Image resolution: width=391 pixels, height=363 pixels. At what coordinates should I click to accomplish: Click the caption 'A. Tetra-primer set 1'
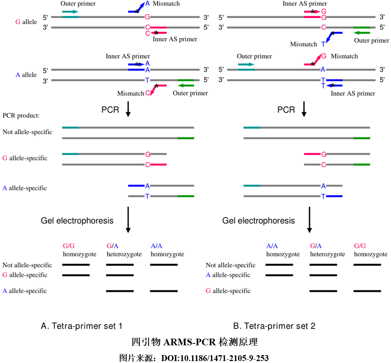pos(82,326)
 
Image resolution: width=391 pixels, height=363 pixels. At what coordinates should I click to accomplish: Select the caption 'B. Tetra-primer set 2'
pos(274,326)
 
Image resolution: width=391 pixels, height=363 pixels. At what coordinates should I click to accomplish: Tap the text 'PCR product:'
pos(22,115)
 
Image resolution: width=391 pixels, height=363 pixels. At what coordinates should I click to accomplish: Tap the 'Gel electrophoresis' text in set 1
pos(77,220)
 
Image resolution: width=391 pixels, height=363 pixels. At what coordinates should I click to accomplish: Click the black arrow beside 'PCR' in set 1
pos(128,110)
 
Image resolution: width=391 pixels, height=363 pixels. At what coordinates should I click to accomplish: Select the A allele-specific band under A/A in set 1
pos(164,291)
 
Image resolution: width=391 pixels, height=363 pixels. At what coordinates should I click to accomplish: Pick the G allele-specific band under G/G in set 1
pos(76,275)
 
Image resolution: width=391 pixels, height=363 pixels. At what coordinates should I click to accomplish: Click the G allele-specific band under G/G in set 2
pos(367,291)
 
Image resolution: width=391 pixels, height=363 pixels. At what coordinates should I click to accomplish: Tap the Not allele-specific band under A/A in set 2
pos(279,265)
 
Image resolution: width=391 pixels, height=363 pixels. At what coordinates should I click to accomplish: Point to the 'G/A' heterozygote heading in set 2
pos(316,246)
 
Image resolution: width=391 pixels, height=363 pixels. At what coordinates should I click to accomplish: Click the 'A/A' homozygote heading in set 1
pos(156,246)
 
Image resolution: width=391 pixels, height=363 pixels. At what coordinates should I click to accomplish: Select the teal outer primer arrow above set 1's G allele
pos(70,12)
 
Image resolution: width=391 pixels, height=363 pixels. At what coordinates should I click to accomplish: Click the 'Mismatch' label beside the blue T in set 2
pos(303,44)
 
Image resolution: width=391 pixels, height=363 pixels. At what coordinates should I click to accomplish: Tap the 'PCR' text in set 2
pos(286,110)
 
